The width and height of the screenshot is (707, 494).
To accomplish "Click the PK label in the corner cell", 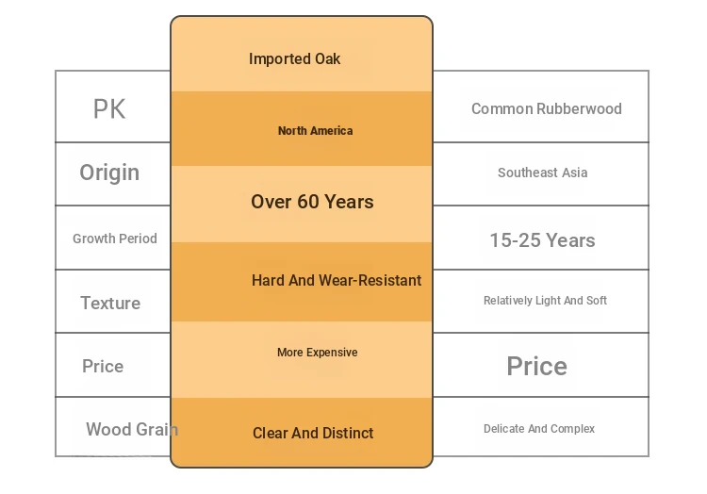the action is [109, 109].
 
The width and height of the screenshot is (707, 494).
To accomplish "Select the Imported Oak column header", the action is [294, 58].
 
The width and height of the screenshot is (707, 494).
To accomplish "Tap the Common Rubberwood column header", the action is [547, 108].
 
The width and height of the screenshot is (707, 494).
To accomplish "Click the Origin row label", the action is [109, 173].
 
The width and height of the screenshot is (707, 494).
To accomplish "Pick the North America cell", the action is [315, 131].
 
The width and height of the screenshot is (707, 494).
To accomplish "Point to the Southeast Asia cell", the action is [542, 173].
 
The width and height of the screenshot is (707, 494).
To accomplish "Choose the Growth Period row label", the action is [115, 239].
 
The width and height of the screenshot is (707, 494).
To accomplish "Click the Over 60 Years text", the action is [312, 202].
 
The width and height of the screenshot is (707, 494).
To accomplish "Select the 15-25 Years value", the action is [542, 240].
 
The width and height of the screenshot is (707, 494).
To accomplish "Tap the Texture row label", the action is [110, 303].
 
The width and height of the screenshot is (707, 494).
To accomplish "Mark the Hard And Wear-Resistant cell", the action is [337, 280].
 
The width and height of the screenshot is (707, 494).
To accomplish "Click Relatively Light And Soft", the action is [545, 301].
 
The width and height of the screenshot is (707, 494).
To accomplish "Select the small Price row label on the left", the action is [103, 366].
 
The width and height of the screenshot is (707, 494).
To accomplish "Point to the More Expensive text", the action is [318, 352].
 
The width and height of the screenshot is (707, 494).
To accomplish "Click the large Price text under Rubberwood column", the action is [537, 366].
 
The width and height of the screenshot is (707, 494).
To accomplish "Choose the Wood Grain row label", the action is [132, 429].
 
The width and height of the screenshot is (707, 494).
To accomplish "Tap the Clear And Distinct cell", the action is [313, 433].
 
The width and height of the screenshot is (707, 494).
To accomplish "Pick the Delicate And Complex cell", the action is [539, 429].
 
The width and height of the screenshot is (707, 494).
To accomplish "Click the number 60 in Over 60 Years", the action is [308, 202].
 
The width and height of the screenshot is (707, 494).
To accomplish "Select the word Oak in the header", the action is [327, 58].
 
